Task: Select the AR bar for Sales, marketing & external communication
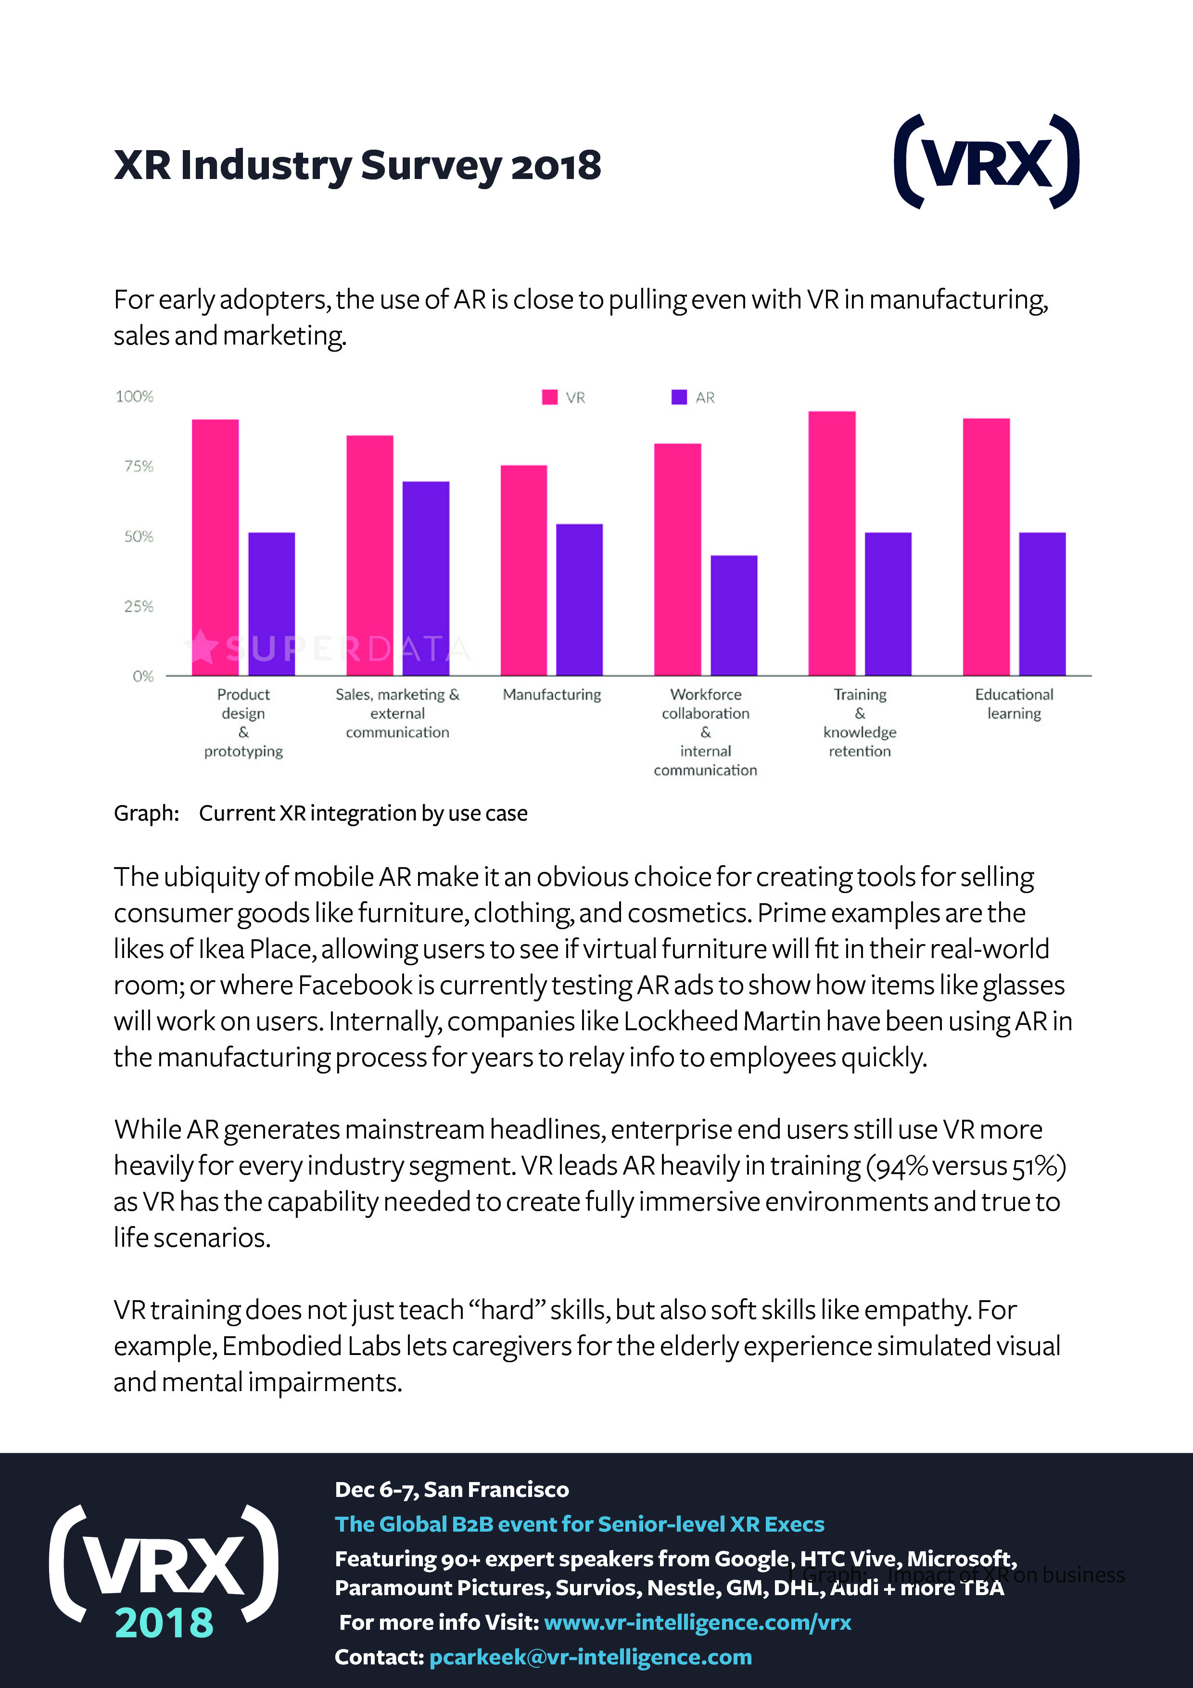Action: click(426, 578)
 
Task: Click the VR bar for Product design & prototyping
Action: click(216, 547)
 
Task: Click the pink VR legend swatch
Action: click(549, 397)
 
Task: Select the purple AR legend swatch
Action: click(678, 397)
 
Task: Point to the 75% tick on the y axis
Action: click(139, 466)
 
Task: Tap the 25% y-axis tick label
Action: click(139, 606)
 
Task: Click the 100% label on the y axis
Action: click(135, 396)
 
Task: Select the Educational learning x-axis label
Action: click(1014, 703)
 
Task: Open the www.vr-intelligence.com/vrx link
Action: click(697, 1623)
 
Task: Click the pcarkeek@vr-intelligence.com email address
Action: click(590, 1657)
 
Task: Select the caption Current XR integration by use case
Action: click(363, 813)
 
